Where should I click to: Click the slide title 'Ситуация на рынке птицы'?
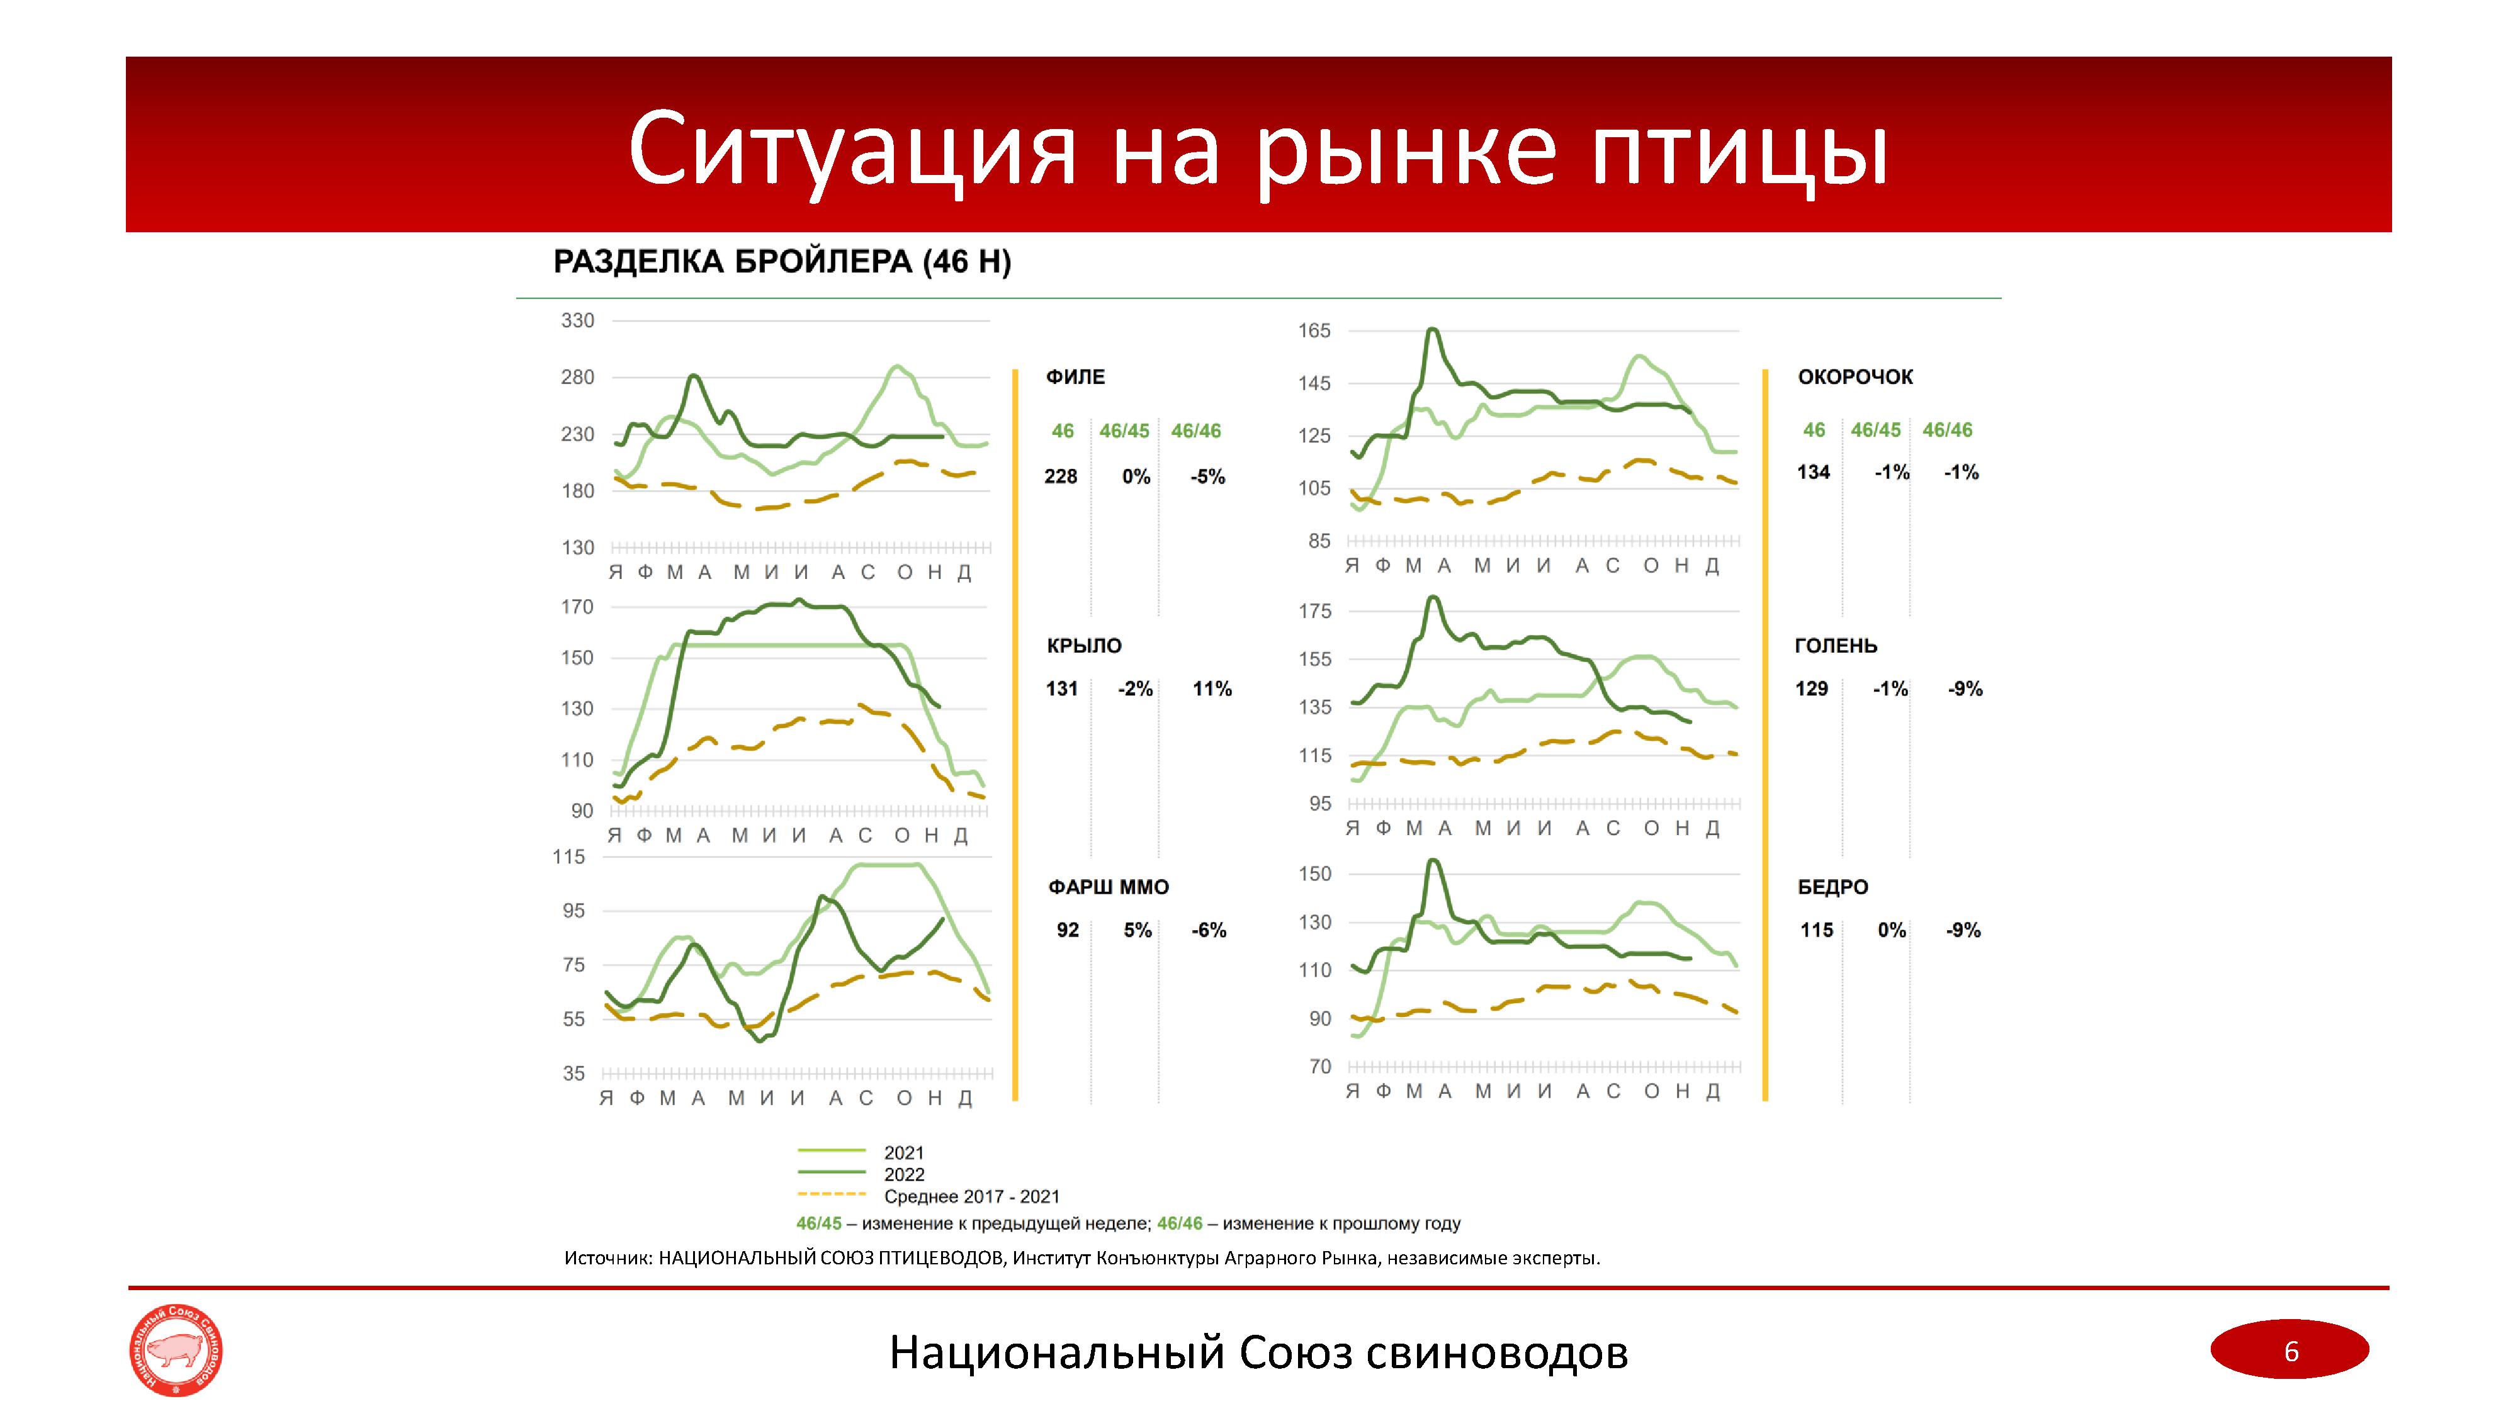[1258, 149]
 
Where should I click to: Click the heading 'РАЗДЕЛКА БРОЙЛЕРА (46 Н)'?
[782, 262]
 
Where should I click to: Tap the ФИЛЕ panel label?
[1075, 377]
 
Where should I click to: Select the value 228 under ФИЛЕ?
[1061, 477]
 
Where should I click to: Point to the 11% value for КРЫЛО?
[1211, 689]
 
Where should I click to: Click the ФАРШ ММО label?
[1109, 887]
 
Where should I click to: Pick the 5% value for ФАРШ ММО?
[1137, 930]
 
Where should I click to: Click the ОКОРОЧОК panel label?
[1855, 377]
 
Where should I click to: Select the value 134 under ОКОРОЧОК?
[1813, 472]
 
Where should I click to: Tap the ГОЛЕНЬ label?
[1836, 646]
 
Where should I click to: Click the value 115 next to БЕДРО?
[1817, 930]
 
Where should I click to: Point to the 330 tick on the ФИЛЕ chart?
[577, 320]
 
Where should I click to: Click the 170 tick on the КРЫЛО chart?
[577, 607]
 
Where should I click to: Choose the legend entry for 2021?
[903, 1153]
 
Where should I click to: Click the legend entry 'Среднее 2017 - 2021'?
[971, 1196]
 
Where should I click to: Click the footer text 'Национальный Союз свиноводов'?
[1258, 1352]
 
